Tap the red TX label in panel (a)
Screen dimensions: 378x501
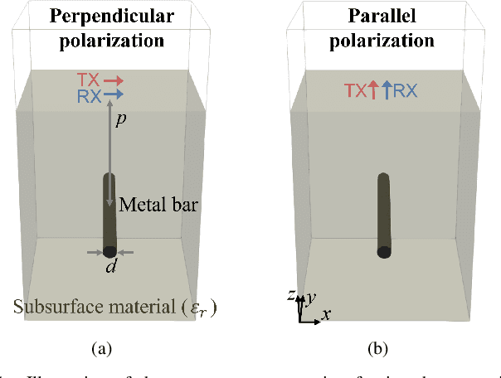tap(88, 80)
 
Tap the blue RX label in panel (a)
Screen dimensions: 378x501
tap(88, 95)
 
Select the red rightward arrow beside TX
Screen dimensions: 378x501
tap(114, 80)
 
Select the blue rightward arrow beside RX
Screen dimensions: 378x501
tap(114, 95)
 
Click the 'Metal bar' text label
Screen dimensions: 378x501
tap(158, 205)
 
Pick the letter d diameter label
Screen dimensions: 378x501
tap(109, 268)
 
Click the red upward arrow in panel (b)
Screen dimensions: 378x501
tap(373, 91)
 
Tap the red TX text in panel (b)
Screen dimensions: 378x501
tap(358, 92)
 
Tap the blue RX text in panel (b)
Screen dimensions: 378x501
tap(405, 92)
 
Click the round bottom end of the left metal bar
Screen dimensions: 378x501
tap(109, 251)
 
